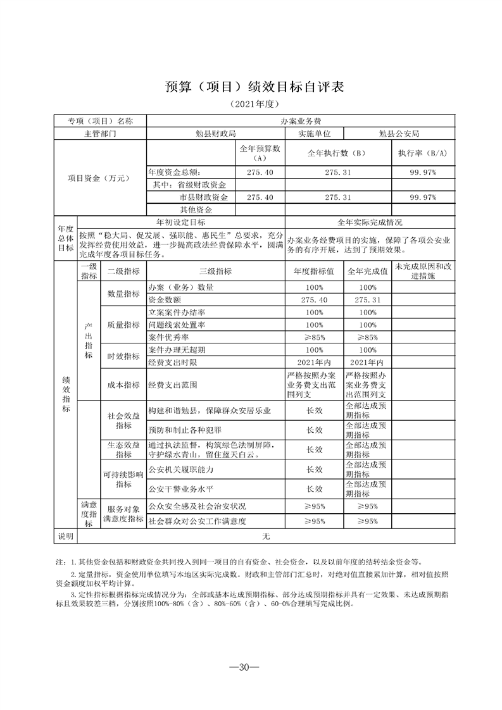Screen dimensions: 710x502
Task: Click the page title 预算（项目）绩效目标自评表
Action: pyautogui.click(x=251, y=87)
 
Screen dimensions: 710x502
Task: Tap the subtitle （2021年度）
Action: pyautogui.click(x=251, y=104)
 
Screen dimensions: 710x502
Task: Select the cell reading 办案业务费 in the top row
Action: pyautogui.click(x=301, y=121)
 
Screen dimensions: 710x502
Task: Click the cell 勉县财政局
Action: pyautogui.click(x=216, y=134)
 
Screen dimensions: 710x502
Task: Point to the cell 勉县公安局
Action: pyautogui.click(x=399, y=134)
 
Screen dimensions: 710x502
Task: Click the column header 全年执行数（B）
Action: pyautogui.click(x=338, y=153)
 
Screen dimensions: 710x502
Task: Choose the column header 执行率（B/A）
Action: pyautogui.click(x=422, y=153)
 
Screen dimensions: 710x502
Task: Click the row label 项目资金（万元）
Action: pyautogui.click(x=98, y=178)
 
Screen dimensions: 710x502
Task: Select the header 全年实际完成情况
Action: pyautogui.click(x=370, y=222)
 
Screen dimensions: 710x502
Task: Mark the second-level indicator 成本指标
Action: pyautogui.click(x=123, y=384)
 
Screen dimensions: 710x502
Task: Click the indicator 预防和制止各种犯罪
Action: pyautogui.click(x=183, y=430)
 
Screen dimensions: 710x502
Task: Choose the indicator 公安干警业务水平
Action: pyautogui.click(x=180, y=489)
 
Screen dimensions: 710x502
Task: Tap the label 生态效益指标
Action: pyautogui.click(x=123, y=449)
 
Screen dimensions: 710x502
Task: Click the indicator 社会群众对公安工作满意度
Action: pyautogui.click(x=196, y=521)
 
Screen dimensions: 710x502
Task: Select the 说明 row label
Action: pyautogui.click(x=66, y=536)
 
